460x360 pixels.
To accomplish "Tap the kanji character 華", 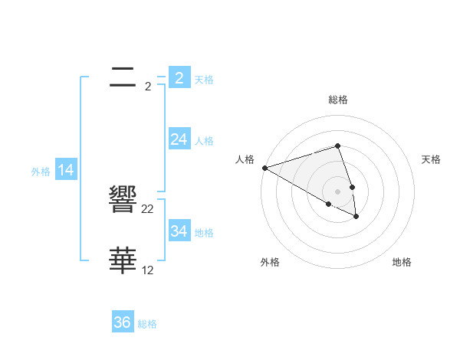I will click(x=123, y=261).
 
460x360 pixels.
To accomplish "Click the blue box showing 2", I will click(x=179, y=78).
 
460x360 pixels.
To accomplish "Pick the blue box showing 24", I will click(x=179, y=139).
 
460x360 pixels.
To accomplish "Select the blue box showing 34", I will click(x=179, y=231).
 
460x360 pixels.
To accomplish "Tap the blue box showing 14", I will click(x=66, y=171).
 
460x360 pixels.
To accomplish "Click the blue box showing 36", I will click(x=123, y=322).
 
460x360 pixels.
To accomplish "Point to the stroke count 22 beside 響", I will click(x=148, y=209).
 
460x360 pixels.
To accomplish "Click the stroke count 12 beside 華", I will click(x=148, y=270).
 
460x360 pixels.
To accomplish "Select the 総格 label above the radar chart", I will click(x=337, y=100).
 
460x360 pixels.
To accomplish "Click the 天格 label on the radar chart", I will click(x=431, y=159).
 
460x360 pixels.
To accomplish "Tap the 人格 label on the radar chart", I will click(x=245, y=159).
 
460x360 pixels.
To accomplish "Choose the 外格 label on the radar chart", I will click(x=269, y=262).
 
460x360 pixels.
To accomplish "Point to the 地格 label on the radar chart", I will click(x=402, y=262).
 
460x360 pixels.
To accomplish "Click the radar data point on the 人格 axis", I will click(x=264, y=167).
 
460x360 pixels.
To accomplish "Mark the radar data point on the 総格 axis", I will click(x=337, y=146).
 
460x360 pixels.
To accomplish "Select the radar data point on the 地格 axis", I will click(x=356, y=217).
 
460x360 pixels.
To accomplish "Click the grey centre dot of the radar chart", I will click(x=337, y=191).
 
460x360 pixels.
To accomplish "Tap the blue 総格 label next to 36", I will click(x=147, y=324).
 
